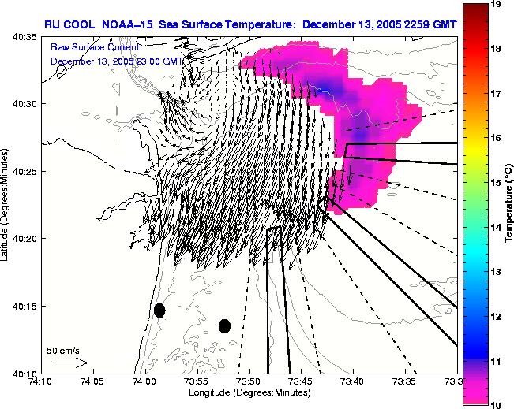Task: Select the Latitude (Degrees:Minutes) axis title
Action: point(7,205)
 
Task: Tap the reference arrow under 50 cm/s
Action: point(69,363)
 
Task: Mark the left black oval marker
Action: point(159,310)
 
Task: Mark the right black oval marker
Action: point(224,325)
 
